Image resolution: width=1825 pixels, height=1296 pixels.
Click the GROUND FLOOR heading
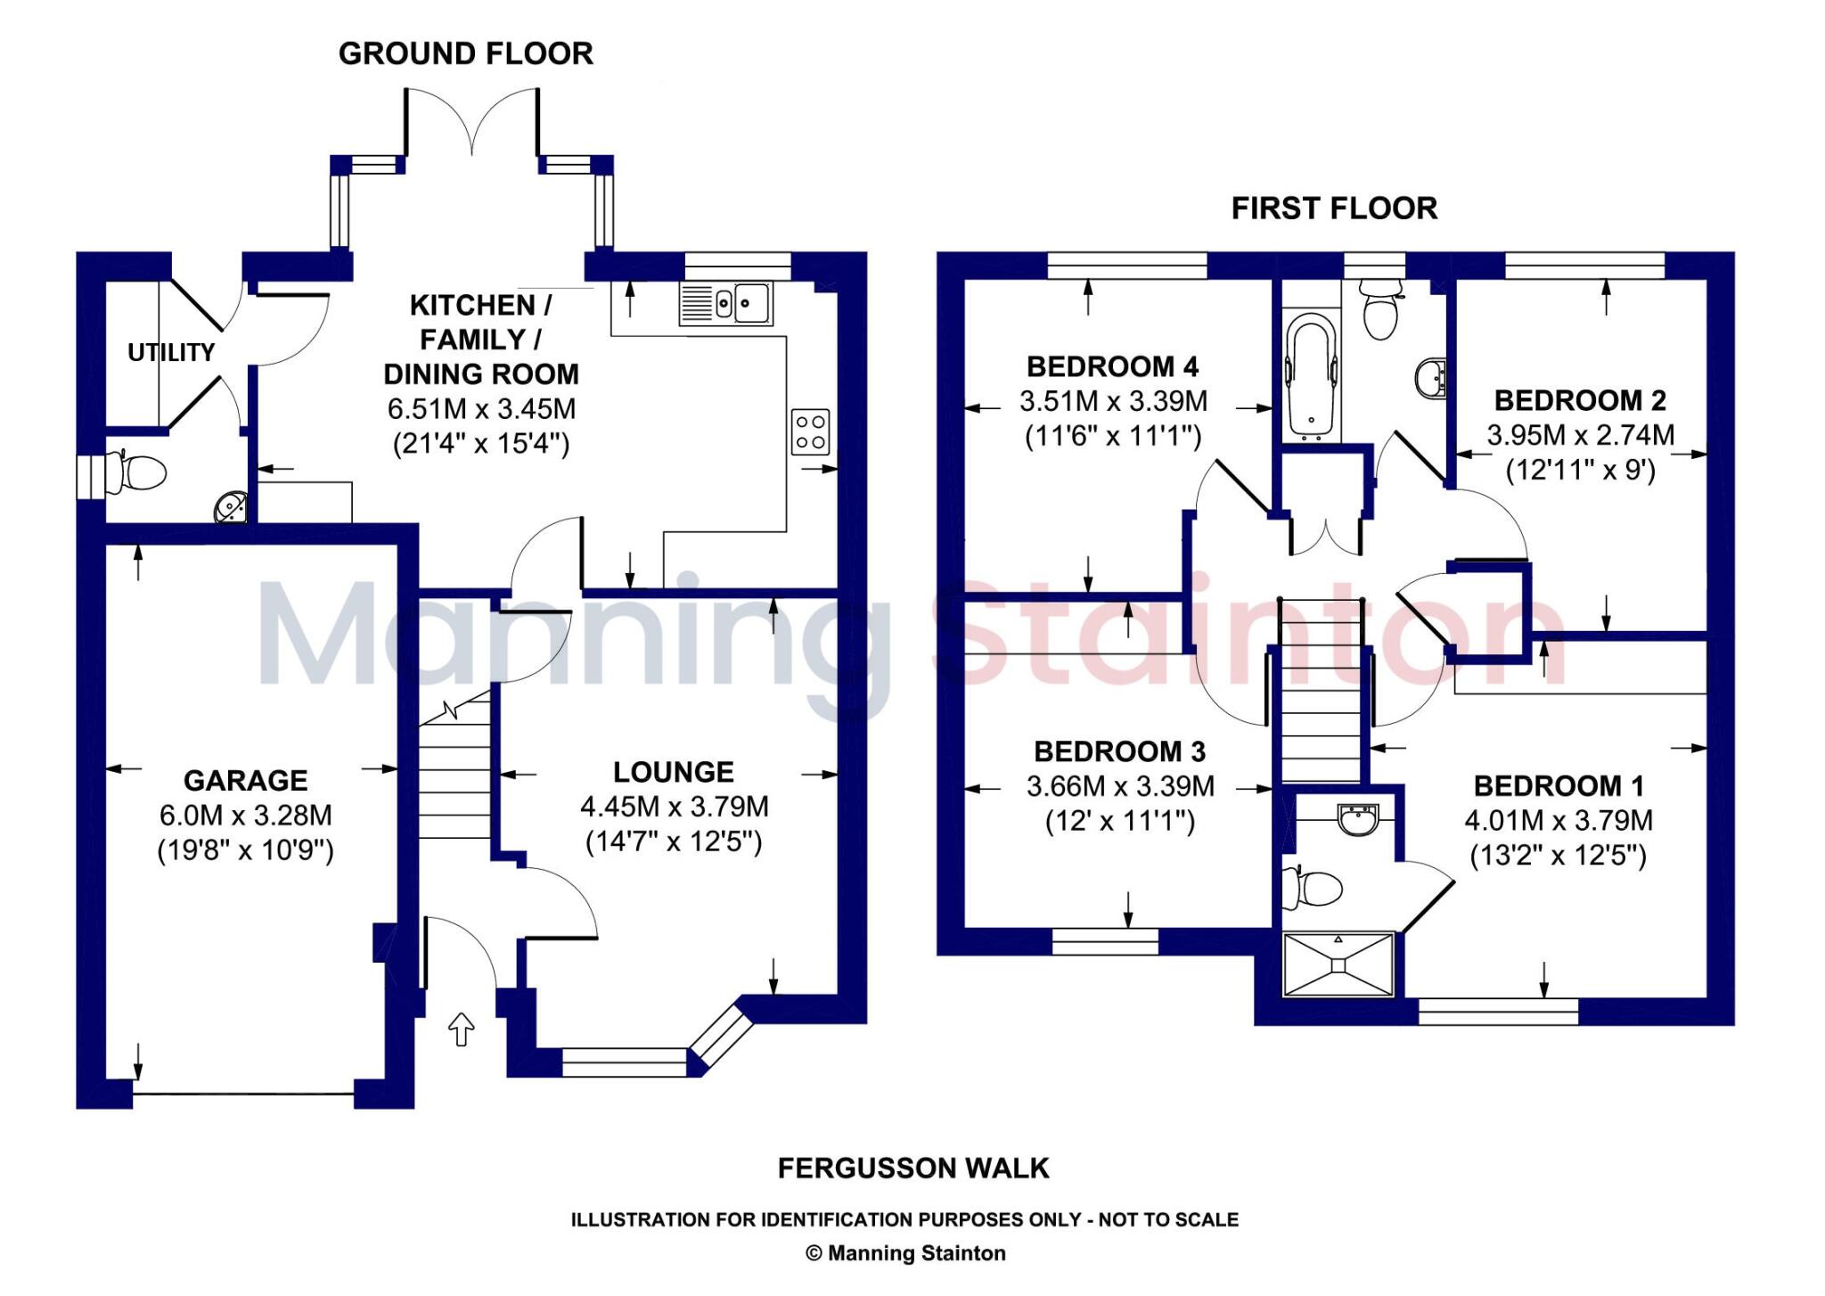tap(465, 53)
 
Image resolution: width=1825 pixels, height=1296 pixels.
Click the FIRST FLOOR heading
tap(1334, 209)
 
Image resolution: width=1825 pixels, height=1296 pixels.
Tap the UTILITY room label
tap(171, 353)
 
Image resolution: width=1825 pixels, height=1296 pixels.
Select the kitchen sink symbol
tap(726, 304)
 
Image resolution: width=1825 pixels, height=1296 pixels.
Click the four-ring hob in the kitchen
tap(810, 431)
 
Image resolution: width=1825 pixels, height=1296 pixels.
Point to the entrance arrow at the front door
tap(461, 1029)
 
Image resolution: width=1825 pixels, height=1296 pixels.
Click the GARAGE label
tap(245, 781)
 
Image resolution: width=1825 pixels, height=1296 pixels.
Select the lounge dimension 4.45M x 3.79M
tap(674, 807)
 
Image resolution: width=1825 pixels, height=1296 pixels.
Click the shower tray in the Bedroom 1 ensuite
tap(1338, 964)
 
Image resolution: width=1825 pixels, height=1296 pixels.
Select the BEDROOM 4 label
tap(1112, 366)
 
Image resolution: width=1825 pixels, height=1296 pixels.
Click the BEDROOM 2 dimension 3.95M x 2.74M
tap(1580, 435)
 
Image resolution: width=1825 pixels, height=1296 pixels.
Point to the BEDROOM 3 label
tap(1119, 751)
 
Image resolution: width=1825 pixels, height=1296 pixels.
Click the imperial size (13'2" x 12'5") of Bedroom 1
tap(1558, 856)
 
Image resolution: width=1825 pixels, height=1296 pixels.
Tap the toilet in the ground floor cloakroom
tap(138, 472)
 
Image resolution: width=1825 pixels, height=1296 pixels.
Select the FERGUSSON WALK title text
tap(912, 1169)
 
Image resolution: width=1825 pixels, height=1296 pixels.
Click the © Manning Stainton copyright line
tap(905, 1253)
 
